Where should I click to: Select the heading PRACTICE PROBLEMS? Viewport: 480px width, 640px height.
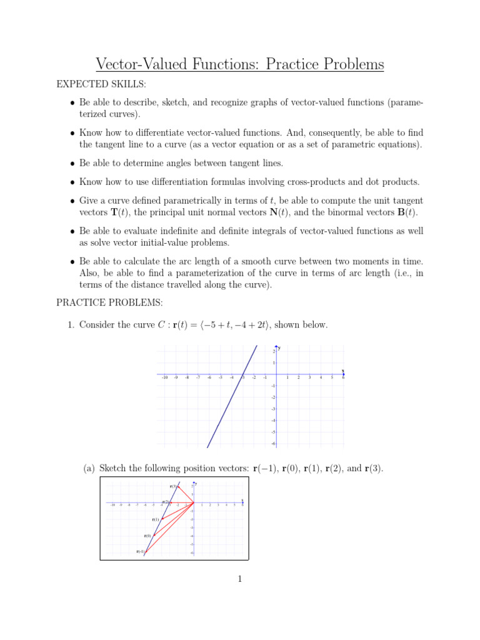[109, 303]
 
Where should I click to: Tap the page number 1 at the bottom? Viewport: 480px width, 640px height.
[239, 579]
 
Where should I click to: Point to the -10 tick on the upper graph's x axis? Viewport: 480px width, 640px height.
[164, 377]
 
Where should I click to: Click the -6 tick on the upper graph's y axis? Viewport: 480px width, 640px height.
[274, 443]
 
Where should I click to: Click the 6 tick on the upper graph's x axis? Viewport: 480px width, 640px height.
[343, 377]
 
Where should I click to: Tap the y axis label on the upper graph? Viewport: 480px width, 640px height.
[279, 347]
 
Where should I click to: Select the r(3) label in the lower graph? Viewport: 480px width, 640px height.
[172, 486]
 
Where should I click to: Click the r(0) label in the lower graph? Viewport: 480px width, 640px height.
[147, 536]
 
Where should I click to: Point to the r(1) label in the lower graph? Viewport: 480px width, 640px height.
[155, 519]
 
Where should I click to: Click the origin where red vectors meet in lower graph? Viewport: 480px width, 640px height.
[194, 502]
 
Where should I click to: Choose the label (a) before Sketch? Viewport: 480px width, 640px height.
[90, 468]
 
